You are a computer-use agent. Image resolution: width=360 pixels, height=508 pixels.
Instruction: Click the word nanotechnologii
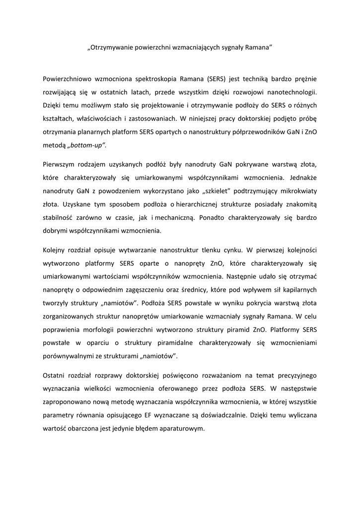point(289,92)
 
